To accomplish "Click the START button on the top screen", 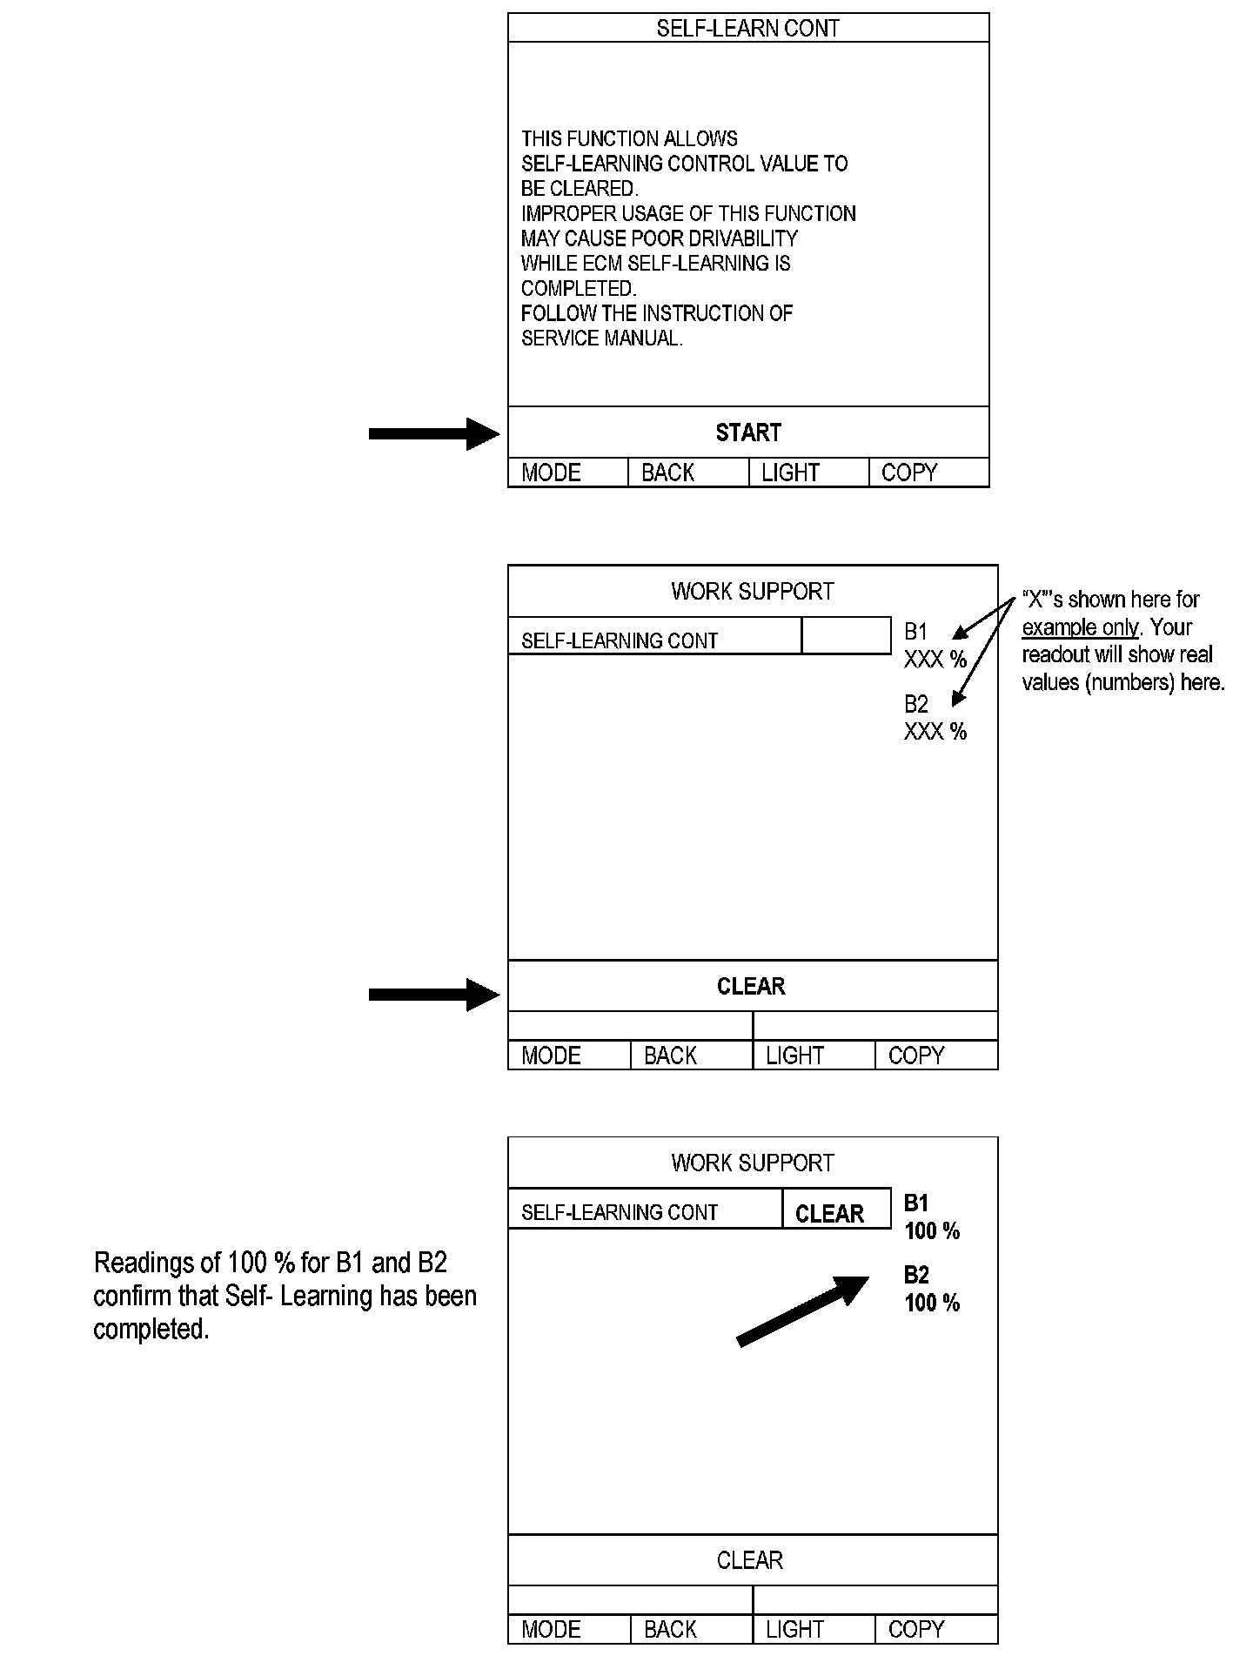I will point(748,432).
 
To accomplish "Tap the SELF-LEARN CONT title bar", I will point(748,28).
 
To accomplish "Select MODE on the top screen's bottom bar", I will point(551,473).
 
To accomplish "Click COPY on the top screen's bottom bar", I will point(909,473).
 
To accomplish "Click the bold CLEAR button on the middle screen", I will point(751,986).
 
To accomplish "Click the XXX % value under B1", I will point(935,660).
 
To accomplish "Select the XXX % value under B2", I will point(935,731).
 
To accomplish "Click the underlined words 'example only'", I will point(1080,627).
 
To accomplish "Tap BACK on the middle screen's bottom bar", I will point(670,1056).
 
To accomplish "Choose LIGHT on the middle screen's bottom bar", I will point(794,1056).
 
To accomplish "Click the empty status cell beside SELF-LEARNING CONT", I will point(846,636).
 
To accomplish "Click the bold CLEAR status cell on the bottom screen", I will point(830,1214).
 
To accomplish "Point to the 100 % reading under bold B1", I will point(932,1230).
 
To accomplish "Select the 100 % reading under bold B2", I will point(932,1303).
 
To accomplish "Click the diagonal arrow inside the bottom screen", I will point(802,1310).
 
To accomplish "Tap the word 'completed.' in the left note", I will point(151,1329).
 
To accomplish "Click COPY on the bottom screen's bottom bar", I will point(916,1629).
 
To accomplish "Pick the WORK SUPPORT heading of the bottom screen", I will point(753,1163).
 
